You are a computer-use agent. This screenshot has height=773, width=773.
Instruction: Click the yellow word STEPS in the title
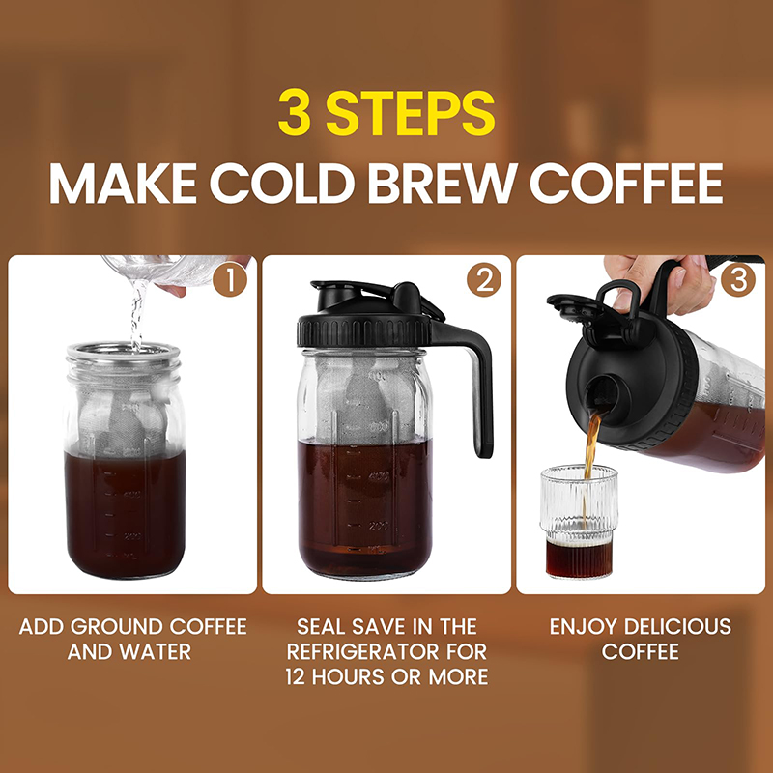tap(410, 112)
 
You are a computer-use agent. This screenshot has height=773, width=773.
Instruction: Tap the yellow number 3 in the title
tap(295, 112)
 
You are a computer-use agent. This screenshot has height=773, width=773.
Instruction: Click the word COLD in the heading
tap(282, 183)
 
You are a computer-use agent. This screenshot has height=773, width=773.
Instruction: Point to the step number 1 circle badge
tap(230, 279)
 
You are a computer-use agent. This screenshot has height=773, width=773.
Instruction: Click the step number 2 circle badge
tap(484, 279)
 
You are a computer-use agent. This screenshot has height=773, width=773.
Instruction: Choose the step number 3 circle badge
tap(737, 279)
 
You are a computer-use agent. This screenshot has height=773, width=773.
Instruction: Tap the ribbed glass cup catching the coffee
tap(579, 522)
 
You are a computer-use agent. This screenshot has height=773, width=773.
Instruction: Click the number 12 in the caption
tap(296, 677)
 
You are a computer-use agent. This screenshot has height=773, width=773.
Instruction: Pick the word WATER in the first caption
tap(156, 651)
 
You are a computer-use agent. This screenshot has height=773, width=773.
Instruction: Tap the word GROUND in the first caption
tap(116, 626)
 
